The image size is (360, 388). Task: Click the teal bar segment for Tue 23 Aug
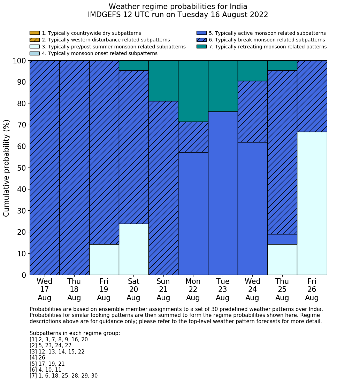pyautogui.click(x=223, y=86)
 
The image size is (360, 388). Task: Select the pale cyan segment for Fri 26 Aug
pyautogui.click(x=312, y=203)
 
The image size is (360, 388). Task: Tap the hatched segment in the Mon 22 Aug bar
pyautogui.click(x=193, y=137)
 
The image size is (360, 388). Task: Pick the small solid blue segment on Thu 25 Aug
pyautogui.click(x=282, y=239)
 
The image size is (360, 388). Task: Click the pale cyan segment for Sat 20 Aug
pyautogui.click(x=134, y=249)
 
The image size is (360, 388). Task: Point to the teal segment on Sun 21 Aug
pyautogui.click(x=163, y=81)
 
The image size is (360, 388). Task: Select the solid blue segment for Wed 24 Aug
pyautogui.click(x=253, y=208)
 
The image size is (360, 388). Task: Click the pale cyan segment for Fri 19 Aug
pyautogui.click(x=104, y=259)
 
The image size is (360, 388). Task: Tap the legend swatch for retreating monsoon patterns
pyautogui.click(x=201, y=47)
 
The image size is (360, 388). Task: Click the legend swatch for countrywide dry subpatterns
pyautogui.click(x=35, y=33)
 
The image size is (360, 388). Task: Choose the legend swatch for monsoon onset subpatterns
pyautogui.click(x=35, y=53)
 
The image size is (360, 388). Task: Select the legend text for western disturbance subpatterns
pyautogui.click(x=106, y=40)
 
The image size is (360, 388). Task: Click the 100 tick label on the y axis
pyautogui.click(x=19, y=61)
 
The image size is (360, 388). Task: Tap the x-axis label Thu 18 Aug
pyautogui.click(x=74, y=289)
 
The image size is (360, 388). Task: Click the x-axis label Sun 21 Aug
pyautogui.click(x=163, y=289)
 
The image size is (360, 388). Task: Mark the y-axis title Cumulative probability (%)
pyautogui.click(x=7, y=168)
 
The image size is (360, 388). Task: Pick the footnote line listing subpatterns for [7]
pyautogui.click(x=63, y=376)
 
